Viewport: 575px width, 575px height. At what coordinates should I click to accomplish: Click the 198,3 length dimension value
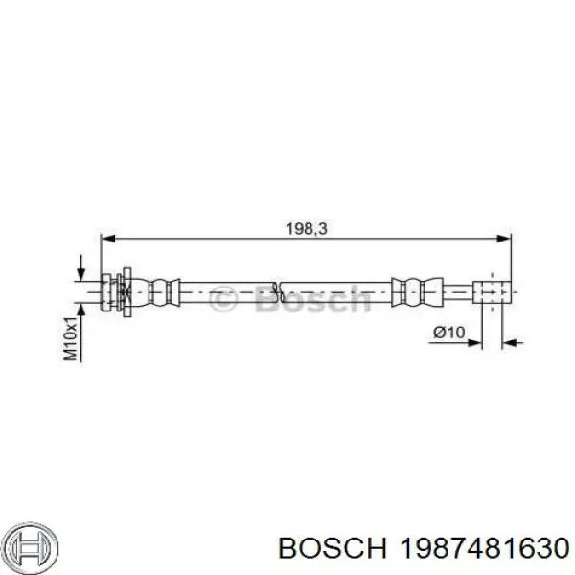point(307,229)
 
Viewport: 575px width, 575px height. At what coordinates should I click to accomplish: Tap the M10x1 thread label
point(70,338)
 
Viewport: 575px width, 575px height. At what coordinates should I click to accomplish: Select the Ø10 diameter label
point(448,333)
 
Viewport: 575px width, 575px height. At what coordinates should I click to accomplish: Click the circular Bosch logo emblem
point(33,547)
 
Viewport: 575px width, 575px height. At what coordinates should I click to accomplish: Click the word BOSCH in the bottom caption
point(333,548)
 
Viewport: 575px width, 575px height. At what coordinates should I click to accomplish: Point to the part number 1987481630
point(484,548)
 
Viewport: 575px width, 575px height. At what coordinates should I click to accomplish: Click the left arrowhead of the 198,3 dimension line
point(108,239)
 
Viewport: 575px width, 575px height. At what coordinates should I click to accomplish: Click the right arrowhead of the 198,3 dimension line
point(503,239)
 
